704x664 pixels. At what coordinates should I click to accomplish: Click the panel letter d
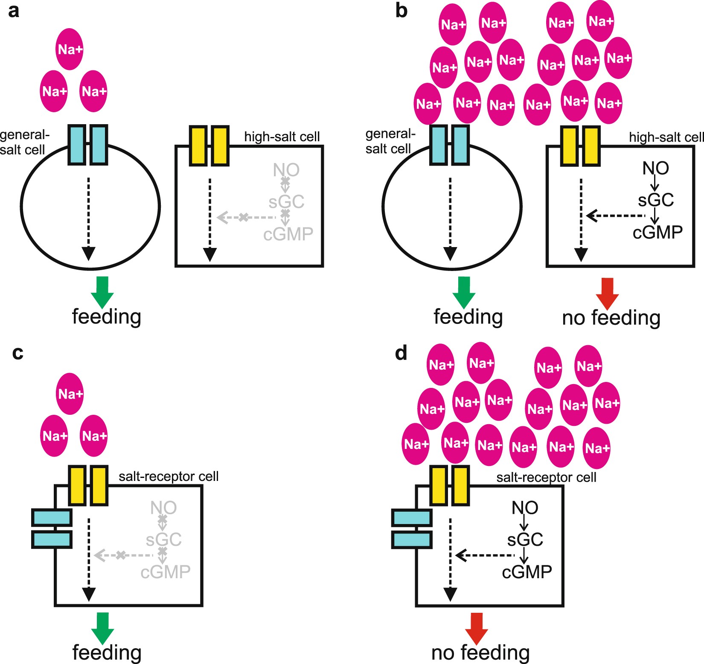pos(401,353)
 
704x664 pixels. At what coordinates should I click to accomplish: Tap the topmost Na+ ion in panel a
pos(70,49)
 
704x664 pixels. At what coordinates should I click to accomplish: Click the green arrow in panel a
pos(102,292)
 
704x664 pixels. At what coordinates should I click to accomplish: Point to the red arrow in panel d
pos(476,628)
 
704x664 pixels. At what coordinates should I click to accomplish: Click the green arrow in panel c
pos(102,628)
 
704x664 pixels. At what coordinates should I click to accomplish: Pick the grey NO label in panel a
pos(286,170)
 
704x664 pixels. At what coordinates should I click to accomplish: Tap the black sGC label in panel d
pos(525,540)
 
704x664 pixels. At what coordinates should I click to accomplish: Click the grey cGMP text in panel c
pos(165,572)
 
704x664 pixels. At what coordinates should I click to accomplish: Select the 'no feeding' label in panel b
pos(611,318)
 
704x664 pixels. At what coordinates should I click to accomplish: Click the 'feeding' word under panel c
pos(107,652)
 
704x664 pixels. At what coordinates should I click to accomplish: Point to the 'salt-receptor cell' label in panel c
pos(169,476)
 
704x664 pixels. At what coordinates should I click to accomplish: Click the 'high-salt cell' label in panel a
pos(282,137)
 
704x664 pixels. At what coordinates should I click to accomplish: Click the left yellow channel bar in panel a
pos(198,146)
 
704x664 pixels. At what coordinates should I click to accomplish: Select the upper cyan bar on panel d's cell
pos(412,518)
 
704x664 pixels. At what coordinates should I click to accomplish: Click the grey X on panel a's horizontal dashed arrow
pos(243,218)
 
